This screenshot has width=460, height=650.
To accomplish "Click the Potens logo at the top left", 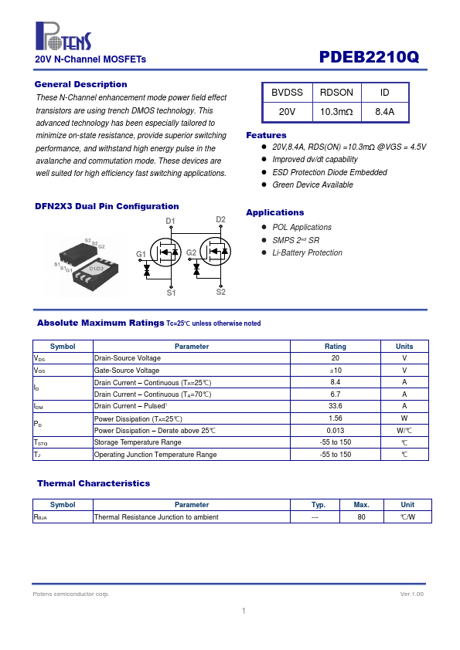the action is point(63,36).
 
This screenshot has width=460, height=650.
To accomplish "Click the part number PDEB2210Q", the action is point(369,57).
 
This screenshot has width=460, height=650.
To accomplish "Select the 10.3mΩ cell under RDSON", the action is point(336,112).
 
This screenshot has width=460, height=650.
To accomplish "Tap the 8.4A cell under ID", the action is point(385,112).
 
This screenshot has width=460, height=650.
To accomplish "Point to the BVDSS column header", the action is point(287,93).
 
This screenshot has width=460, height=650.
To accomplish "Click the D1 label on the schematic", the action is point(170,221).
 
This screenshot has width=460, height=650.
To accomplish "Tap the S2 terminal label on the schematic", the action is point(221,292).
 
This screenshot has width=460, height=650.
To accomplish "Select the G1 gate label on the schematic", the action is point(141,254).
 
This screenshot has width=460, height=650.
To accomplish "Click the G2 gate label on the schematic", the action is point(191,252).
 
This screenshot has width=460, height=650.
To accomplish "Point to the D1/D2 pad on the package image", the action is point(97,269).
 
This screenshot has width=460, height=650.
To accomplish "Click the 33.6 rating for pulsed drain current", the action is point(336,406).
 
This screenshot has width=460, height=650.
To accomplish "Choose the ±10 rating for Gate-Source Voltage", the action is point(336,371).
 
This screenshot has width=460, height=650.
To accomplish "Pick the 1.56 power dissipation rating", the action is point(336,418).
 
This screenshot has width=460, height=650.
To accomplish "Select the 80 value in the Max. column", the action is point(362,517).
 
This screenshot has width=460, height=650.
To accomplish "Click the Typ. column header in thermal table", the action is point(319,505).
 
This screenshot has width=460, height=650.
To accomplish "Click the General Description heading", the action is point(81,84).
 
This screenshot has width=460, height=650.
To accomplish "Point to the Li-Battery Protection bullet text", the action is point(307,252).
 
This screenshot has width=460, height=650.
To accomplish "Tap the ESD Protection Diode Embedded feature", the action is point(329,172).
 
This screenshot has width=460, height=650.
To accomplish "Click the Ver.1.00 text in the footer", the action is point(412,594).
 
